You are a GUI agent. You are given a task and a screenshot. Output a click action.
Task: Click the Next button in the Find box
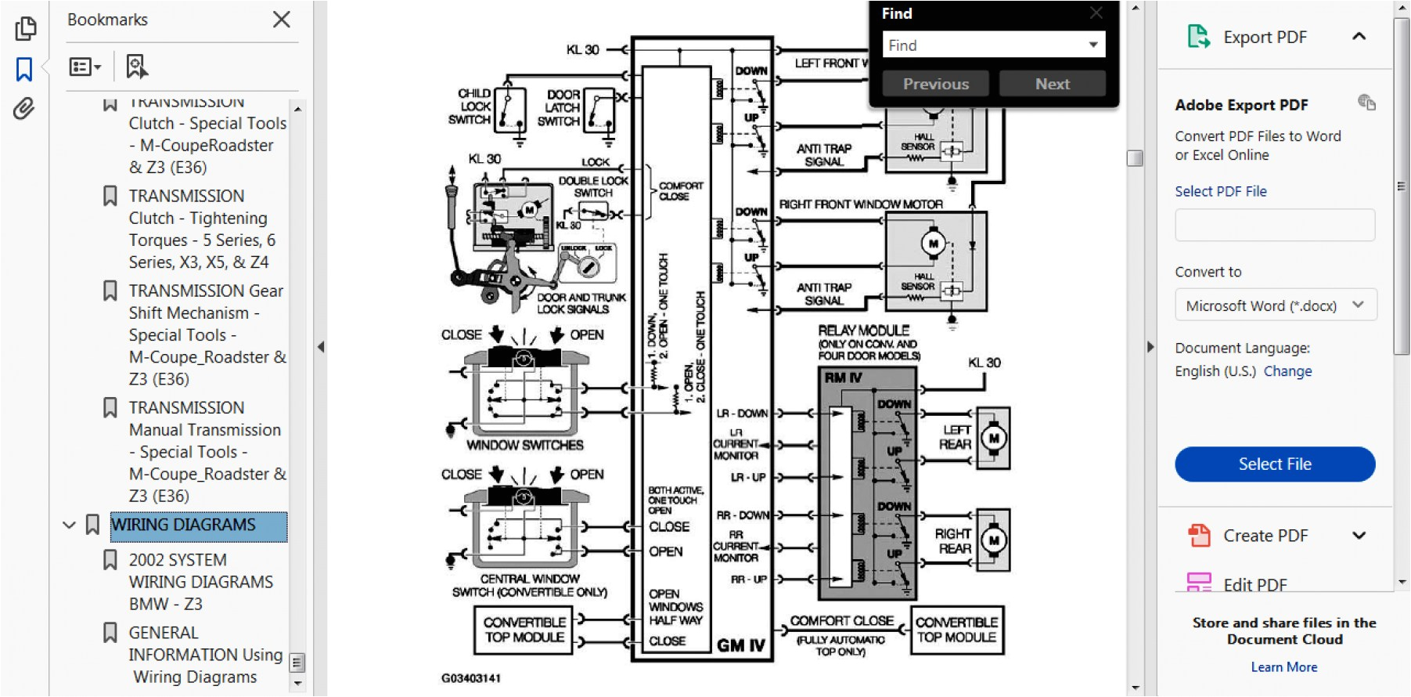point(1052,84)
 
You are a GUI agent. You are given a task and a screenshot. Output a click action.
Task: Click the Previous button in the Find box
point(935,84)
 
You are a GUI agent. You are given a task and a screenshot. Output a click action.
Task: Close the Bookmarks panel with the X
point(282,20)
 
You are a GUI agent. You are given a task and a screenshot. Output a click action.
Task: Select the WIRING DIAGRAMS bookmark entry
point(183,525)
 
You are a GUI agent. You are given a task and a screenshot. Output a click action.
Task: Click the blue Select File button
point(1274,464)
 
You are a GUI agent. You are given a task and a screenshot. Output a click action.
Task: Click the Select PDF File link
point(1220,191)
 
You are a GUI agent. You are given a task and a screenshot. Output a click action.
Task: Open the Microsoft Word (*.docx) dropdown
point(1274,305)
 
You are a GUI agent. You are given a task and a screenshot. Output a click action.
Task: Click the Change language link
point(1287,371)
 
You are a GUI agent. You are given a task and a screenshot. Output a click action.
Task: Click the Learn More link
point(1283,667)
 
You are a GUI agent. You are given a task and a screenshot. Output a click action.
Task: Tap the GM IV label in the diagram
point(740,645)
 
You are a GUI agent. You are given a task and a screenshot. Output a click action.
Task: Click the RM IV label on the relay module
point(843,377)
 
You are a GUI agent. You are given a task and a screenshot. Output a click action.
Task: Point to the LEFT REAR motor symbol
point(994,439)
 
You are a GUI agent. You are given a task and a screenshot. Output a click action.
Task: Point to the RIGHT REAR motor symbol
point(994,540)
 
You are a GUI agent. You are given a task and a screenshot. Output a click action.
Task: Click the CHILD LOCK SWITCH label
point(473,107)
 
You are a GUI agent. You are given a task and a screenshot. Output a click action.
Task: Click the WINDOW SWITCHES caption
point(524,446)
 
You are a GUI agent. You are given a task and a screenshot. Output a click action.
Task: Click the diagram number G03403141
point(470,678)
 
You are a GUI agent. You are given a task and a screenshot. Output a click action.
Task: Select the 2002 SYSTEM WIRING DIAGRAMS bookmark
point(200,582)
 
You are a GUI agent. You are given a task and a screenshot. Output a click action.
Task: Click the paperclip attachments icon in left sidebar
point(24,109)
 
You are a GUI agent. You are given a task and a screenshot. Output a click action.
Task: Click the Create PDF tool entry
point(1265,536)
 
